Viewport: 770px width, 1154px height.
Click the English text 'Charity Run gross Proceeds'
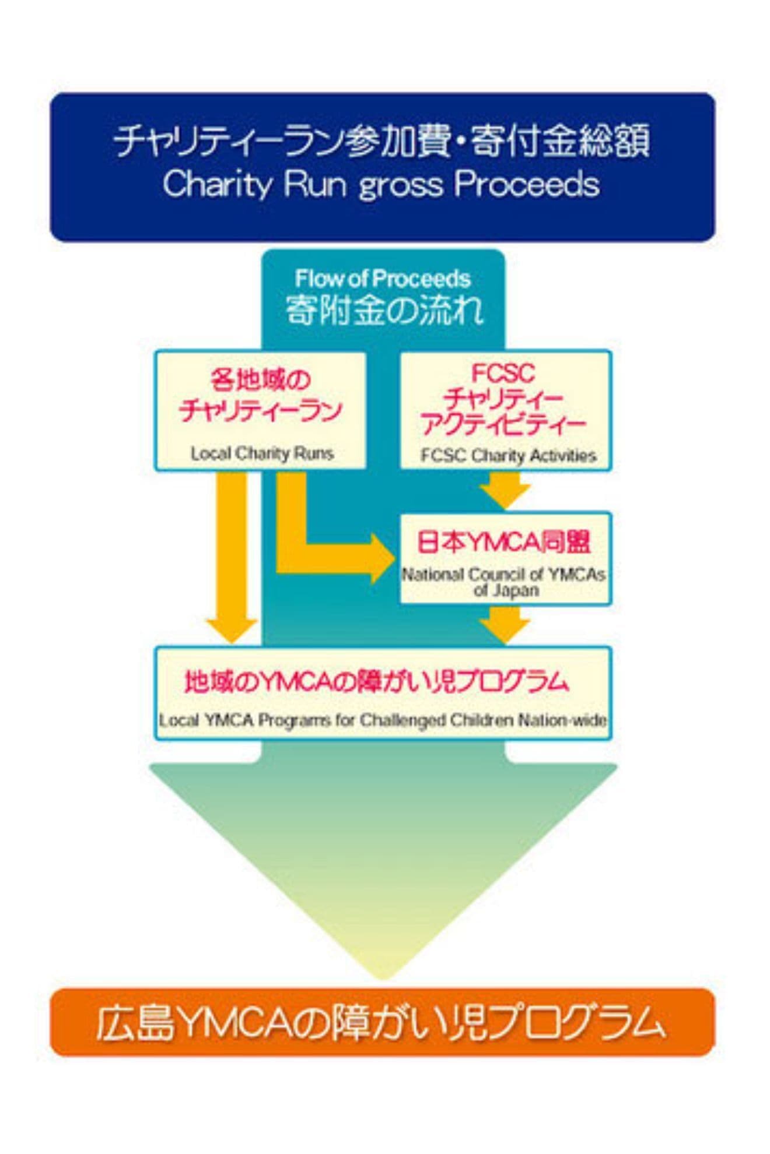pyautogui.click(x=381, y=185)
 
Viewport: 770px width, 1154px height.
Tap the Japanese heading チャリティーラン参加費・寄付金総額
pyautogui.click(x=382, y=142)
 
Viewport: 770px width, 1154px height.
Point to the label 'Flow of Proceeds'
pyautogui.click(x=383, y=279)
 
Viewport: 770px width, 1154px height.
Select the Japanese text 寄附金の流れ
pyautogui.click(x=384, y=310)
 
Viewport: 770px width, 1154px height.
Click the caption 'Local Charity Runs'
pyautogui.click(x=262, y=453)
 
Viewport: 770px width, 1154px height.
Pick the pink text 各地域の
pyautogui.click(x=260, y=381)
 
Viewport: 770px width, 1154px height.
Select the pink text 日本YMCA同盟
pyautogui.click(x=503, y=542)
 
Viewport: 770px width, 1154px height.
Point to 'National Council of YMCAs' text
pyautogui.click(x=503, y=575)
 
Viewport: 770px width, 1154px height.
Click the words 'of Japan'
pyautogui.click(x=506, y=590)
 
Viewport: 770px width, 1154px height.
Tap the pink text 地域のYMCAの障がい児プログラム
pyautogui.click(x=376, y=681)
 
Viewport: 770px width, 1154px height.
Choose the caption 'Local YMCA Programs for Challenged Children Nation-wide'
pyautogui.click(x=383, y=720)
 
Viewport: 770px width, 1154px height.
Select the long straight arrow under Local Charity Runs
pyautogui.click(x=232, y=560)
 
